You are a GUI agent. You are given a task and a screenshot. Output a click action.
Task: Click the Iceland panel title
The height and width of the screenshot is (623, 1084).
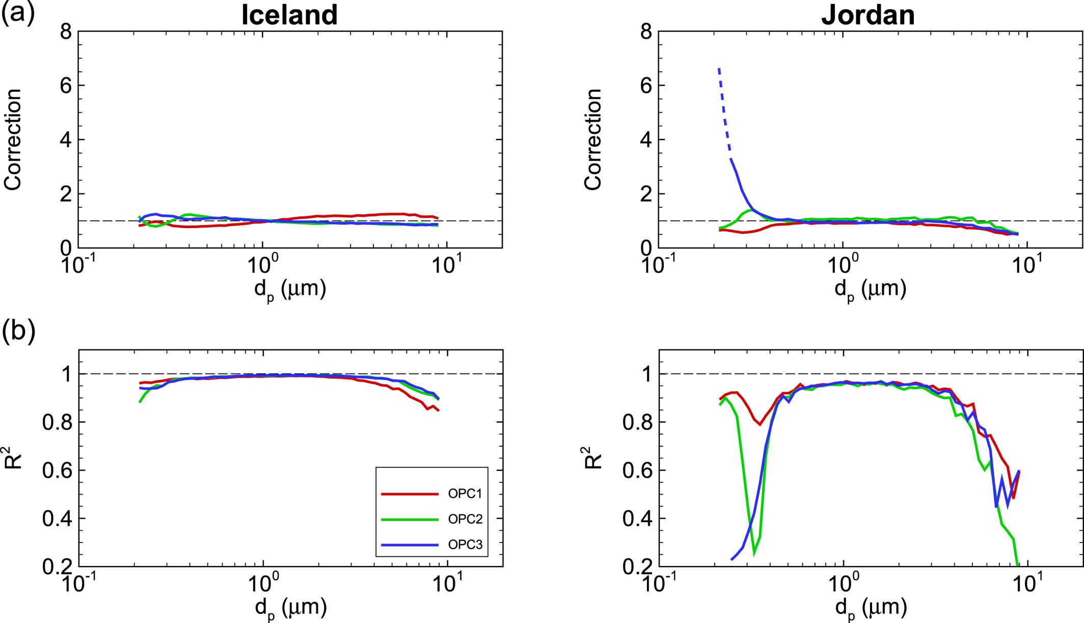(x=289, y=15)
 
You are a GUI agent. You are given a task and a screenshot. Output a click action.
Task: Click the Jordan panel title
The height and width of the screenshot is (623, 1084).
(x=868, y=15)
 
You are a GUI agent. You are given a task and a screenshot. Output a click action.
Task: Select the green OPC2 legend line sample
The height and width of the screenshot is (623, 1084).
(x=410, y=519)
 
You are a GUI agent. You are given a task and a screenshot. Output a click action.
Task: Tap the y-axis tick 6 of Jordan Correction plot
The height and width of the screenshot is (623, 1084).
(x=646, y=85)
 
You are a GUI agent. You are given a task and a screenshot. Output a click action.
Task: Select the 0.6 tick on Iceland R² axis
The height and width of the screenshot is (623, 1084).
(x=57, y=471)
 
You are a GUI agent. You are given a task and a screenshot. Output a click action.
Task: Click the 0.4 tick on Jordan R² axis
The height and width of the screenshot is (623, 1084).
(x=637, y=519)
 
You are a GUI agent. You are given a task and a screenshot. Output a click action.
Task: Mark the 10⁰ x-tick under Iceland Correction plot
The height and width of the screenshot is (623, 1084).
(x=262, y=265)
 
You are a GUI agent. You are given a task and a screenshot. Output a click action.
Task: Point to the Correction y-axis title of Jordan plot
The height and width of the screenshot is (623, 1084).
(x=593, y=140)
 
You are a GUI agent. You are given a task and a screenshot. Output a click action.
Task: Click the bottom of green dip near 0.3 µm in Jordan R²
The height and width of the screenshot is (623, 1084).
(x=754, y=553)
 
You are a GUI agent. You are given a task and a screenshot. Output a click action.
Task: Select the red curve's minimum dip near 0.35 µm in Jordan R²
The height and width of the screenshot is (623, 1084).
(x=760, y=424)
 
